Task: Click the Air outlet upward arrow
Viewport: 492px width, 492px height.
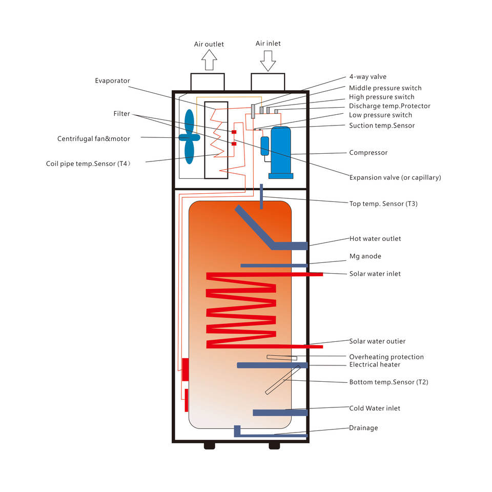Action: click(x=209, y=60)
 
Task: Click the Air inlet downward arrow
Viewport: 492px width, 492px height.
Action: click(x=268, y=61)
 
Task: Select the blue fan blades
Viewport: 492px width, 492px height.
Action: click(x=189, y=137)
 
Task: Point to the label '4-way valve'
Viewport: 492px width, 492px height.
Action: click(x=367, y=77)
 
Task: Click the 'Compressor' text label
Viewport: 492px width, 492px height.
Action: click(x=368, y=153)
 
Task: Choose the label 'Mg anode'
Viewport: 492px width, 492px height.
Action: click(x=365, y=256)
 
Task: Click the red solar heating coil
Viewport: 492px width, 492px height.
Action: click(x=241, y=310)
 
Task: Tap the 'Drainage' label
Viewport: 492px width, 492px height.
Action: click(x=363, y=428)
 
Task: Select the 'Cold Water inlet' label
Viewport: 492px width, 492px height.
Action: click(x=375, y=408)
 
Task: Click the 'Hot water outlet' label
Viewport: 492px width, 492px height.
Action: click(x=375, y=239)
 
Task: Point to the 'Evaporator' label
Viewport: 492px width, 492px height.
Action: click(x=112, y=81)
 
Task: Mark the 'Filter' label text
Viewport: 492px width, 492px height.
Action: click(x=122, y=114)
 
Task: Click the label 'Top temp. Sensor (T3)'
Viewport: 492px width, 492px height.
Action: click(x=383, y=204)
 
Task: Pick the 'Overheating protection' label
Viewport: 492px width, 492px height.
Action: click(x=386, y=357)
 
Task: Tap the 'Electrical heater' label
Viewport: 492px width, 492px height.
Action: click(x=375, y=365)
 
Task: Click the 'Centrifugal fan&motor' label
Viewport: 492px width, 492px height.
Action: click(x=94, y=139)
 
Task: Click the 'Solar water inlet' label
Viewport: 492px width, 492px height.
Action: click(x=375, y=274)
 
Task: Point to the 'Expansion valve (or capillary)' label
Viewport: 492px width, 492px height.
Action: click(x=395, y=178)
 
